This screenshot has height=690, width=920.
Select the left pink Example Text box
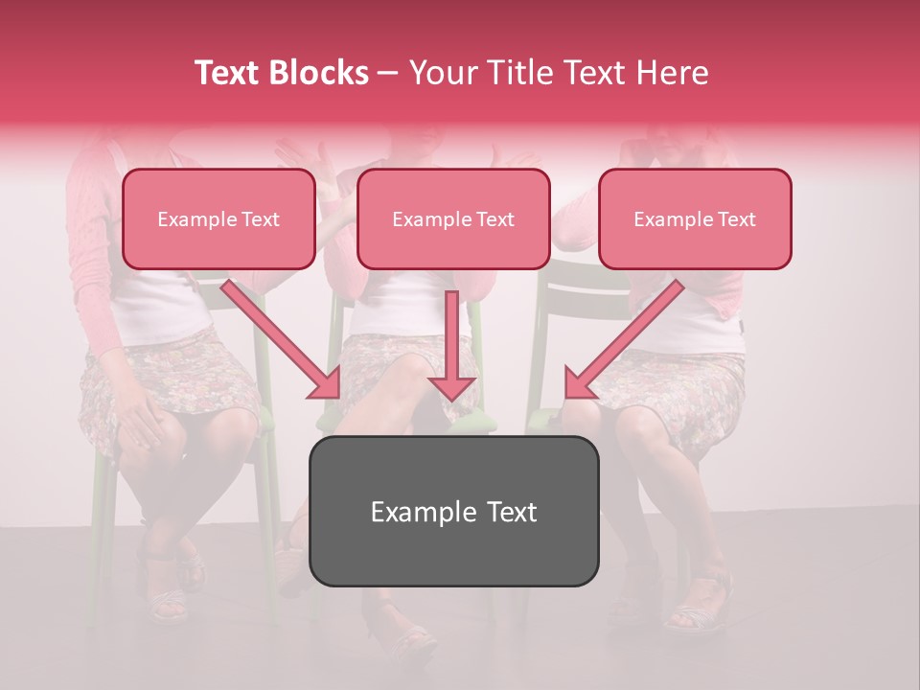click(x=218, y=218)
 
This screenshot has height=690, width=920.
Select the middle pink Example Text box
click(x=453, y=218)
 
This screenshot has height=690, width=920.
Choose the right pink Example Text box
click(x=695, y=218)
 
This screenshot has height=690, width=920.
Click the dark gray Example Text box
click(x=453, y=511)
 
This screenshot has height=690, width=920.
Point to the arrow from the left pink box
click(x=283, y=340)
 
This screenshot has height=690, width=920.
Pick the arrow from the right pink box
click(x=623, y=340)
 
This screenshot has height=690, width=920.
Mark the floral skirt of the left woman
click(x=168, y=383)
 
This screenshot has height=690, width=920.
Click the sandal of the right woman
click(x=700, y=599)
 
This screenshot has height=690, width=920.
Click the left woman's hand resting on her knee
click(x=144, y=422)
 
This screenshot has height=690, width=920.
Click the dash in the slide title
click(x=388, y=74)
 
